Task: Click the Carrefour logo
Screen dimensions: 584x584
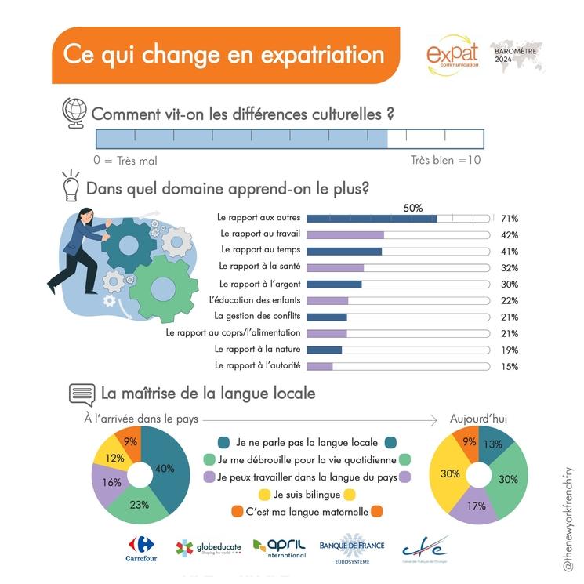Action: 141,549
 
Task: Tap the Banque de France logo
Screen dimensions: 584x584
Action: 350,550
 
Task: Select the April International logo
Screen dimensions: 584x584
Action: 280,548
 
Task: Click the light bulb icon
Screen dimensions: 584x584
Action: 71,187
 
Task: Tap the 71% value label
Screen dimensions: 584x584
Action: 509,219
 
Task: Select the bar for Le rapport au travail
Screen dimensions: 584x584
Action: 345,234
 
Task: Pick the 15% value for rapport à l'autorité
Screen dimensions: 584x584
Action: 509,366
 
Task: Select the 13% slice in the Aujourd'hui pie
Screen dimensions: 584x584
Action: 494,445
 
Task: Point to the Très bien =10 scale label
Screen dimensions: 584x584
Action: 445,161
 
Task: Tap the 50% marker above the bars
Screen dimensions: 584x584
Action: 412,208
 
